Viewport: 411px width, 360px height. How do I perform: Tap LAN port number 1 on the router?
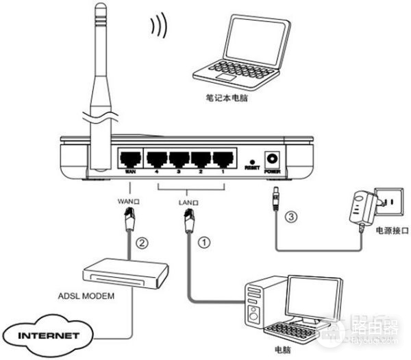pyautogui.click(x=223, y=159)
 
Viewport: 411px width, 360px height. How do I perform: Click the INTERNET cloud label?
pyautogui.click(x=46, y=337)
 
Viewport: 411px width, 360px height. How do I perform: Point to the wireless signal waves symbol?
pyautogui.click(x=159, y=25)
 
